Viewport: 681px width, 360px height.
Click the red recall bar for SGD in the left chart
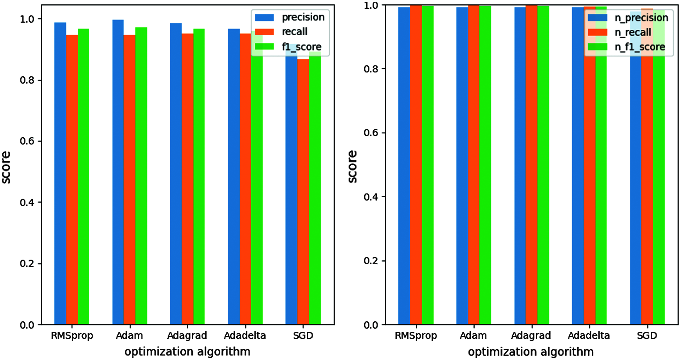pyautogui.click(x=303, y=192)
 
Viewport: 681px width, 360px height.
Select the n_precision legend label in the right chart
pyautogui.click(x=641, y=18)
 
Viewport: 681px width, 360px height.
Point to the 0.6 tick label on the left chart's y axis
pyautogui.click(x=27, y=141)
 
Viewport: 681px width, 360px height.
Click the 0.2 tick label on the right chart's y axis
pyautogui.click(x=371, y=261)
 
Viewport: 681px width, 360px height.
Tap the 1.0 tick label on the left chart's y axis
pyautogui.click(x=27, y=19)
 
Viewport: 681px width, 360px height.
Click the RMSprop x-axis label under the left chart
pyautogui.click(x=72, y=336)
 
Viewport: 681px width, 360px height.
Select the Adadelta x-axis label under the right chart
pyautogui.click(x=589, y=336)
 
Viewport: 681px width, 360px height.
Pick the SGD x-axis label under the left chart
pyautogui.click(x=303, y=336)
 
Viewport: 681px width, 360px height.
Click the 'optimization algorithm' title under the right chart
pyautogui.click(x=530, y=352)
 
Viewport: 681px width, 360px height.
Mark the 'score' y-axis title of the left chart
pyautogui.click(x=6, y=167)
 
